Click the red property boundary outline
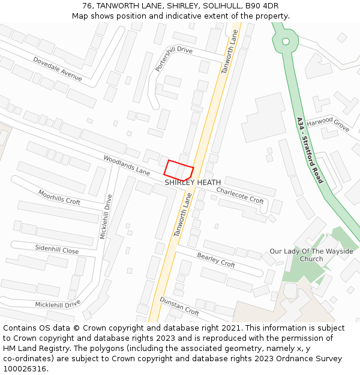pos(179,169)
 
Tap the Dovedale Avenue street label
pos(58,69)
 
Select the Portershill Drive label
pos(173,59)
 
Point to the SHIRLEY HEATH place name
pos(193,182)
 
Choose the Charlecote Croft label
pos(240,196)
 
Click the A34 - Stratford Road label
pos(310,150)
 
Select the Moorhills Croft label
pos(59,197)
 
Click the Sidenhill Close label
pos(56,250)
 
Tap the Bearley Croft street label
pos(216,260)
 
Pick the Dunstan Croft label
pos(179,306)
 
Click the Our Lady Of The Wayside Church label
pos(311,255)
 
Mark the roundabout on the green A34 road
pos(286,41)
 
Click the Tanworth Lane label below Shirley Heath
pos(184,214)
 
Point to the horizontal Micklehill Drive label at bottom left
pos(58,304)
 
